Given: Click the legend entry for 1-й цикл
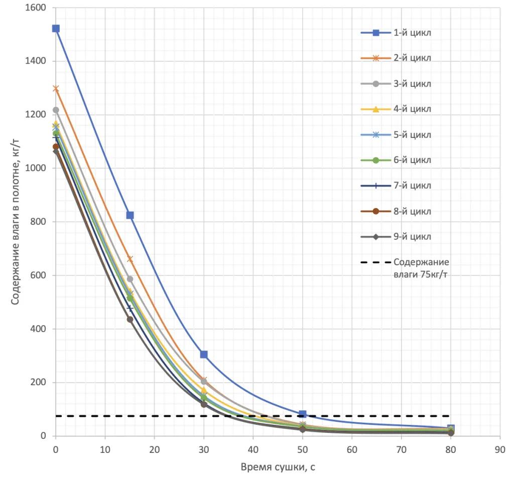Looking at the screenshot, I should click(x=396, y=33).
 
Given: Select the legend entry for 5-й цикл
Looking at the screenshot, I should click(x=396, y=134).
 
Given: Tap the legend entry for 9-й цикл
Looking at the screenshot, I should click(x=396, y=236).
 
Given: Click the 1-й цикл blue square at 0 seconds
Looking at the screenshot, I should click(x=56, y=29).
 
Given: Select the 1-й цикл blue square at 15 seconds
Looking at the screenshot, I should click(x=130, y=215).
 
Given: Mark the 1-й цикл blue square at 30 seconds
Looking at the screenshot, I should click(x=204, y=355).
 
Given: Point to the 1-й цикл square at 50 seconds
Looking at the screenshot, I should click(x=303, y=414).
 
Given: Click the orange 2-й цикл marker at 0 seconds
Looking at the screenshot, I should click(x=56, y=88).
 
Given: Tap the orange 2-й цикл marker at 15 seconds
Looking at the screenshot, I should click(x=130, y=259).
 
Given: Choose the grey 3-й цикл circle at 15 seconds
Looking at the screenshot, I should click(x=130, y=279).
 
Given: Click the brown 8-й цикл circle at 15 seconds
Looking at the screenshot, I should click(x=130, y=319).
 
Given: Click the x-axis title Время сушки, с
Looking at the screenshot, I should click(x=278, y=467).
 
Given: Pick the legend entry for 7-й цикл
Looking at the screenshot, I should click(x=396, y=186).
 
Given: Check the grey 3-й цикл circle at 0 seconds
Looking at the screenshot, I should click(x=56, y=110).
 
